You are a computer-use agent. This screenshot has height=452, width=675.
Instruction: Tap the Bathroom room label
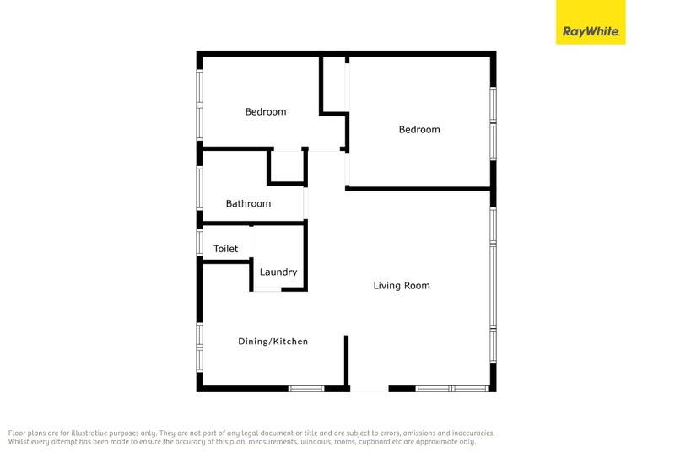pos(248,203)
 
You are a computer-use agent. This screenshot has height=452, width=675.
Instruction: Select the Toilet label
pos(225,249)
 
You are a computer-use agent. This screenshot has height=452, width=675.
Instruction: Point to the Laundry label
pos(278,272)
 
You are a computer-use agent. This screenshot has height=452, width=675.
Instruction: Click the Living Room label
pos(402,286)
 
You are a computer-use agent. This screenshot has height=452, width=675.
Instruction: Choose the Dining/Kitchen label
pos(273,342)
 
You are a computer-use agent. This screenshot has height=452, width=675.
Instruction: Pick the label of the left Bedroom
pos(266,111)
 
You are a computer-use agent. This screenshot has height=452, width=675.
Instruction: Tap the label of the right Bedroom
pos(419,130)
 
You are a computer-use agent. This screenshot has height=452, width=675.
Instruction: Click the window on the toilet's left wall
pos(200,242)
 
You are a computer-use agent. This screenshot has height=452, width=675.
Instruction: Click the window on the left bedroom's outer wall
pos(200,103)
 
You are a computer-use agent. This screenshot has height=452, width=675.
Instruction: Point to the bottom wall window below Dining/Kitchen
pos(306,388)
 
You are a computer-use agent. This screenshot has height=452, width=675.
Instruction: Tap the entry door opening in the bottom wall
pos(369,389)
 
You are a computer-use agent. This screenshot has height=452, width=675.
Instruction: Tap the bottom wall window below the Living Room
pos(452,388)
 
